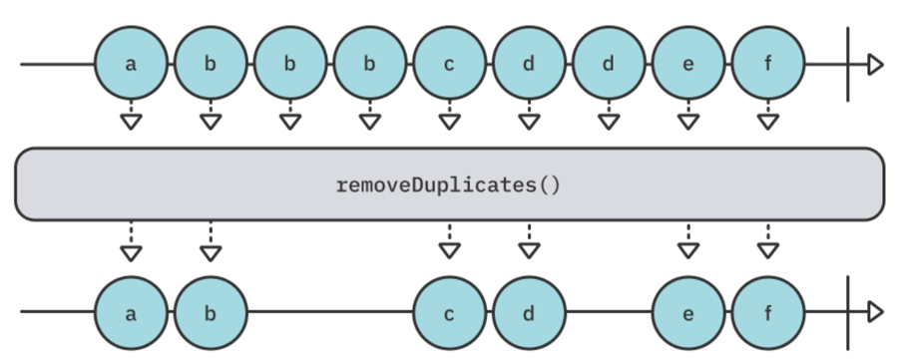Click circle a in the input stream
130,65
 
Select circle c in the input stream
449,65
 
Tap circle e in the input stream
688,65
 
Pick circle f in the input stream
767,65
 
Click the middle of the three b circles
289,65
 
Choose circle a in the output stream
130,312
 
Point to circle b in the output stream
210,312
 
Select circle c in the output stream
449,312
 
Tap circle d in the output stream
528,312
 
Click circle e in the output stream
688,312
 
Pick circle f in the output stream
767,312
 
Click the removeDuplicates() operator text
449,185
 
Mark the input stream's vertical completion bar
847,65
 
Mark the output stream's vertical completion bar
847,312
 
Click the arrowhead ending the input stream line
875,65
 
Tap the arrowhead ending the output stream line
875,312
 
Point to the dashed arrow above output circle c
449,243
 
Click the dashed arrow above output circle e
688,243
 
